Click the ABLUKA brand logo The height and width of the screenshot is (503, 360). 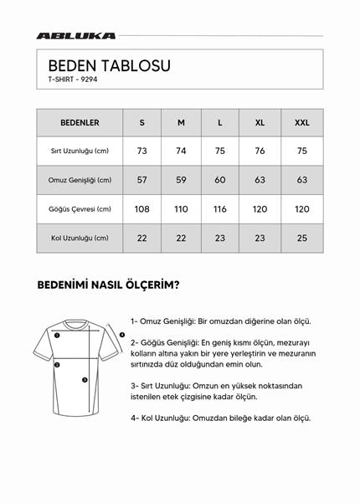coord(76,36)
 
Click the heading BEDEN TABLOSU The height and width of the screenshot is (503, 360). coord(109,66)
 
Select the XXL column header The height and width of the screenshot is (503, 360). coord(302,122)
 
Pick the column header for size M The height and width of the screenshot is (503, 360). coord(181,122)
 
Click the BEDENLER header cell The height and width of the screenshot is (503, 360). coord(80,122)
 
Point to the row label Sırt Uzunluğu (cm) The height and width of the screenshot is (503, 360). coord(80,151)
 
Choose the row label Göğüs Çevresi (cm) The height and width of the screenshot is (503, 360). coord(80,209)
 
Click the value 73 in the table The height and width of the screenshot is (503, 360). coord(142,151)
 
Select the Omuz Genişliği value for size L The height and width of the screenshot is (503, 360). coord(220,180)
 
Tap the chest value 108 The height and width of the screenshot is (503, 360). coord(142,209)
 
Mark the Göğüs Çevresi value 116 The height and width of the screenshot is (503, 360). coord(220,209)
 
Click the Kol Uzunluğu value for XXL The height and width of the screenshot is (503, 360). coord(302,238)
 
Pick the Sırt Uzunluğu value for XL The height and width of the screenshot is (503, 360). coord(260,151)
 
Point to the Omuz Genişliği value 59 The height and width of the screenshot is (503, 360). coord(181,180)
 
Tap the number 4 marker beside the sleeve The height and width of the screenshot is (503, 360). coord(121,336)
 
